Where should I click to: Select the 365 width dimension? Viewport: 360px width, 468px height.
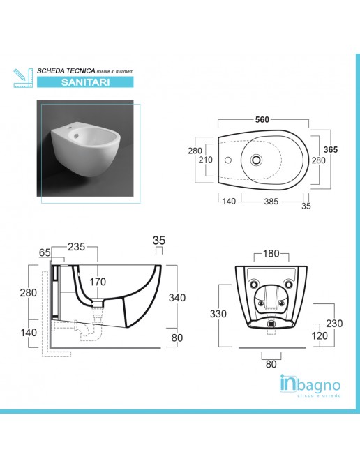(331, 149)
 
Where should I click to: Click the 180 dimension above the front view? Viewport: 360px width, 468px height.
(271, 253)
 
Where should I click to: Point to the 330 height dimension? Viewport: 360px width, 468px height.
(219, 314)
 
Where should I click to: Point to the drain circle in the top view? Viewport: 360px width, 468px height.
(257, 160)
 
